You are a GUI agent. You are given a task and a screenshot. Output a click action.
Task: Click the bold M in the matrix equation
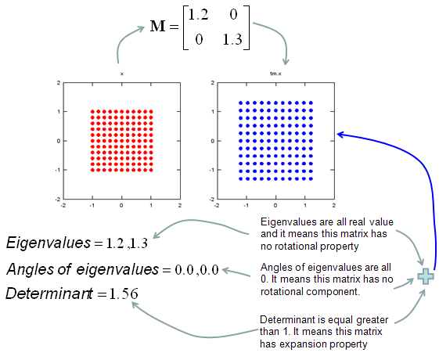[x=157, y=26]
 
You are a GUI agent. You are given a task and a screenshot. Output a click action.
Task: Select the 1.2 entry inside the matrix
[x=198, y=15]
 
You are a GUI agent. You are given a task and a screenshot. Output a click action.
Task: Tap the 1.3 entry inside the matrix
[x=232, y=39]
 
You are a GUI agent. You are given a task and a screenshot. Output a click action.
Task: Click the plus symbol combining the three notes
[x=426, y=276]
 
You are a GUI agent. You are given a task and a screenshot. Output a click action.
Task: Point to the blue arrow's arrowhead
[x=340, y=135]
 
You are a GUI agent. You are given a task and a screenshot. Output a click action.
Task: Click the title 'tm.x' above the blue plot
[x=275, y=74]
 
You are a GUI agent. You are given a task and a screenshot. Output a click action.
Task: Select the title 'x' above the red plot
[x=122, y=74]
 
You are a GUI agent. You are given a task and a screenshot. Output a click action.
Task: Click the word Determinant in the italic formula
[x=49, y=293]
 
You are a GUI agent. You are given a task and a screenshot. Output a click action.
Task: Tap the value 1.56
[x=124, y=294]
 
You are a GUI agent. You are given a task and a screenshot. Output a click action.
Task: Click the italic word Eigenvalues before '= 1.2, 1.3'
[x=49, y=243]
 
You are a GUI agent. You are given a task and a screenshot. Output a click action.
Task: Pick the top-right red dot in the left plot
[x=151, y=111]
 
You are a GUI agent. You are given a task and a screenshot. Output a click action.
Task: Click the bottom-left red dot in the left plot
[x=92, y=170]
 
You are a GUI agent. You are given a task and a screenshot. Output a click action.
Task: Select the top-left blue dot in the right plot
[x=240, y=103]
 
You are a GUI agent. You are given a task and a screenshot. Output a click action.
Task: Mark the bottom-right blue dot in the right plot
[x=311, y=178]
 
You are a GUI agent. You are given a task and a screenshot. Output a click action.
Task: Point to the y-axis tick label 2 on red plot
[x=59, y=83]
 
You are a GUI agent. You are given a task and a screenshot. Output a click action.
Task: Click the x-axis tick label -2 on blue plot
[x=217, y=206]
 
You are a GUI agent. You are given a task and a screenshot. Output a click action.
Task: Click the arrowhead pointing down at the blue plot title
[x=286, y=62]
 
